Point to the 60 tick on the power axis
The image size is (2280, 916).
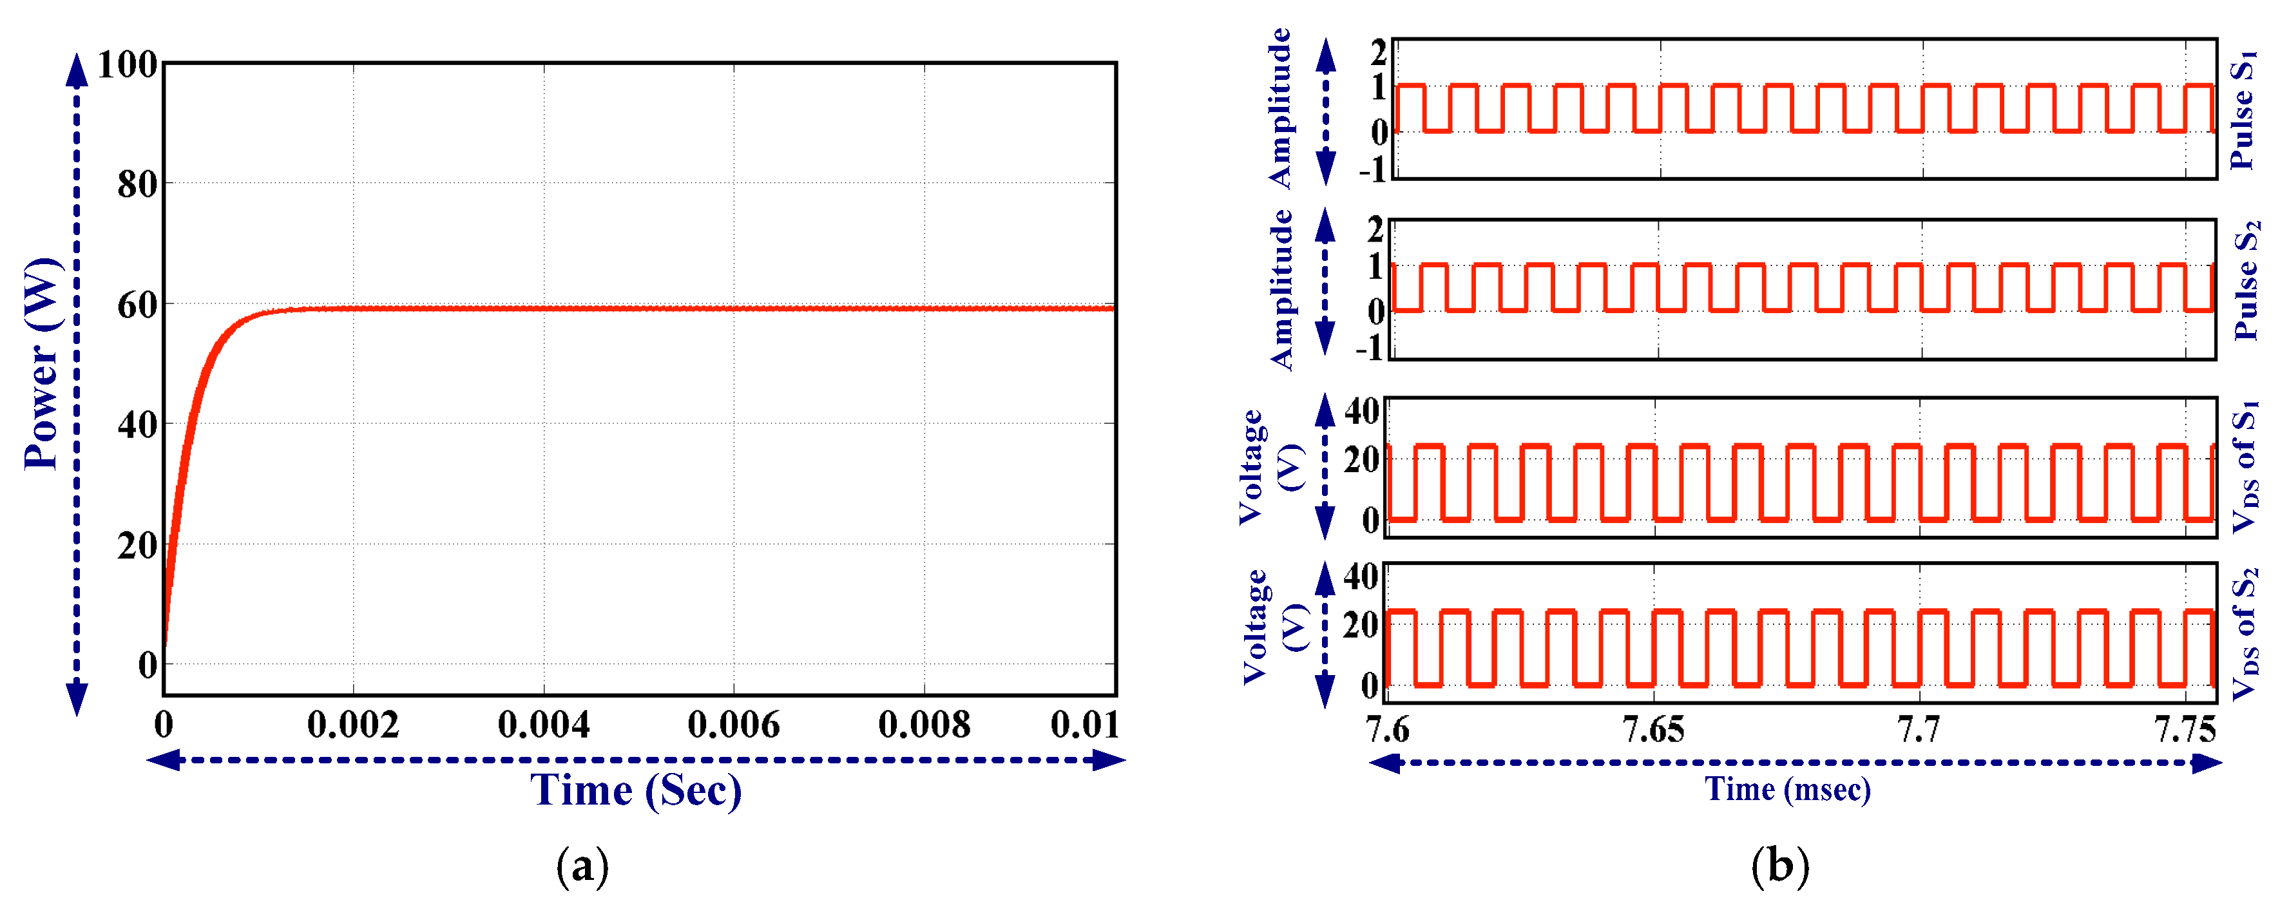pos(137,305)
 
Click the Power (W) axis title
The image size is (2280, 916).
pos(43,364)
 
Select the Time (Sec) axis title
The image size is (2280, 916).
pos(635,790)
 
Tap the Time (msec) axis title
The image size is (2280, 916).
pos(1787,788)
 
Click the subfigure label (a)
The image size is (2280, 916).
pos(582,866)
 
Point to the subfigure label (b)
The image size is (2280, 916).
pos(1780,866)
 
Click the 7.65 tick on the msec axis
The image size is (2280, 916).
pos(1653,730)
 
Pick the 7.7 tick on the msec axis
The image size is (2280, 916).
pos(1918,730)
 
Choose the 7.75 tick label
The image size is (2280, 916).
pos(2183,730)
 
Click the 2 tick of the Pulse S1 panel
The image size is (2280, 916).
pos(1378,52)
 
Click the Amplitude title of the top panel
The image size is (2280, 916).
pos(1280,108)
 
